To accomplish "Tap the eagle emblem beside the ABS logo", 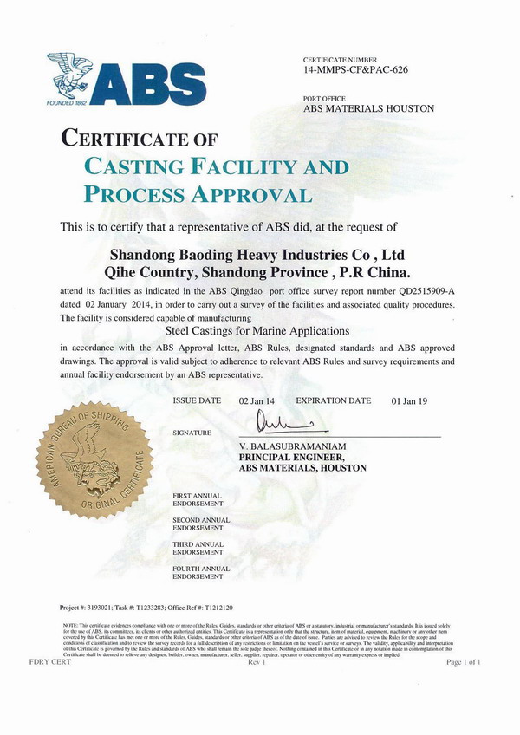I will click(70, 77).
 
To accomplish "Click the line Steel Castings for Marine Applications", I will click(257, 331).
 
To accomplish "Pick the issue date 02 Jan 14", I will click(258, 401).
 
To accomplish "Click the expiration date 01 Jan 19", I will click(412, 401).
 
